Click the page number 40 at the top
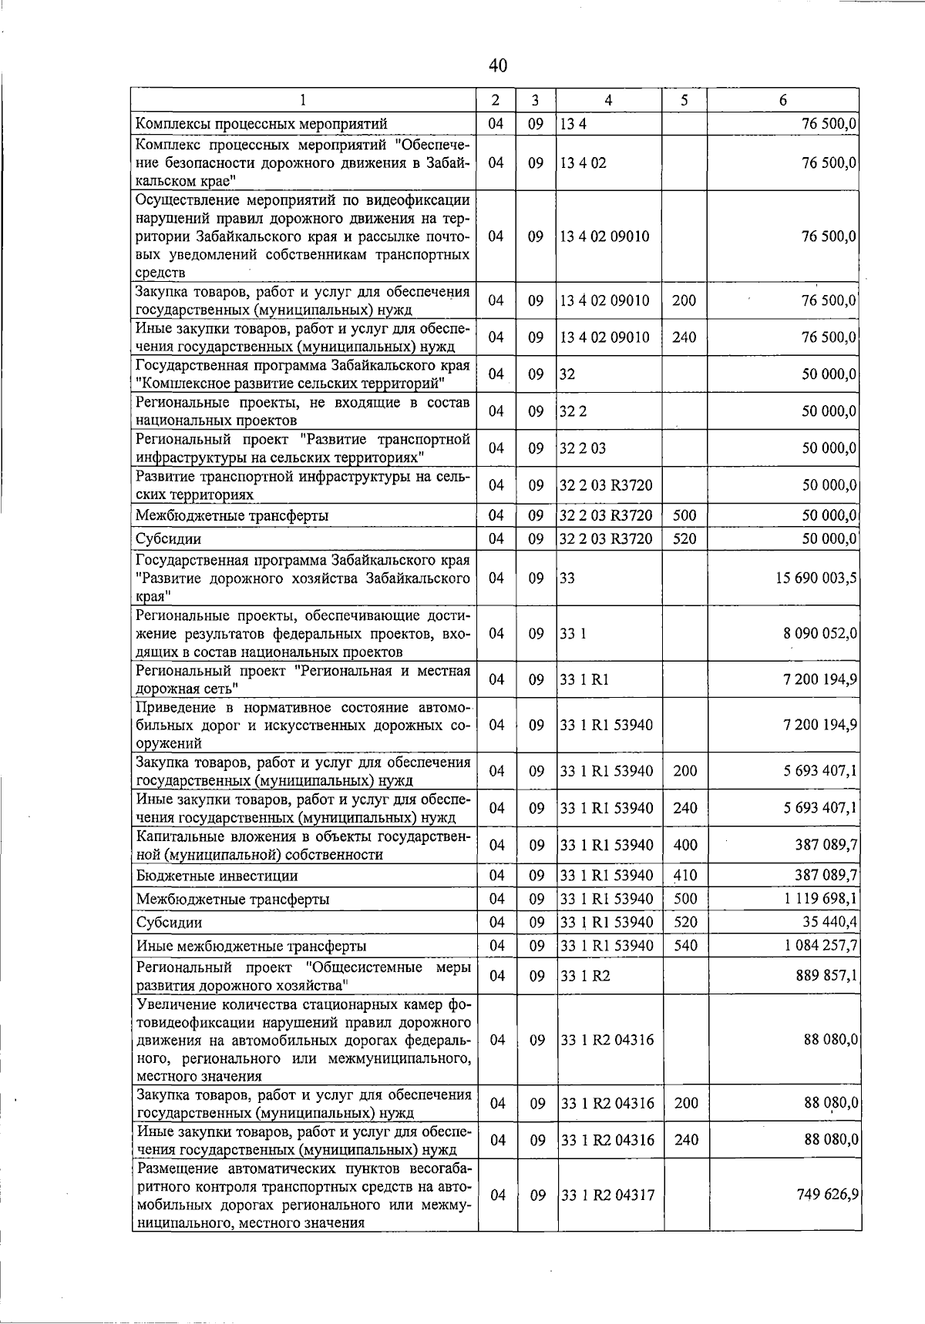click(x=498, y=66)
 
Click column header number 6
click(x=782, y=100)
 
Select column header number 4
click(x=608, y=100)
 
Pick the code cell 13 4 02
click(x=584, y=163)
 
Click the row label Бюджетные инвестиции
click(x=217, y=876)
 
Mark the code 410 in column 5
click(x=684, y=875)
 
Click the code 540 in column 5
click(x=684, y=945)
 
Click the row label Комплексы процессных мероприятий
click(x=261, y=124)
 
